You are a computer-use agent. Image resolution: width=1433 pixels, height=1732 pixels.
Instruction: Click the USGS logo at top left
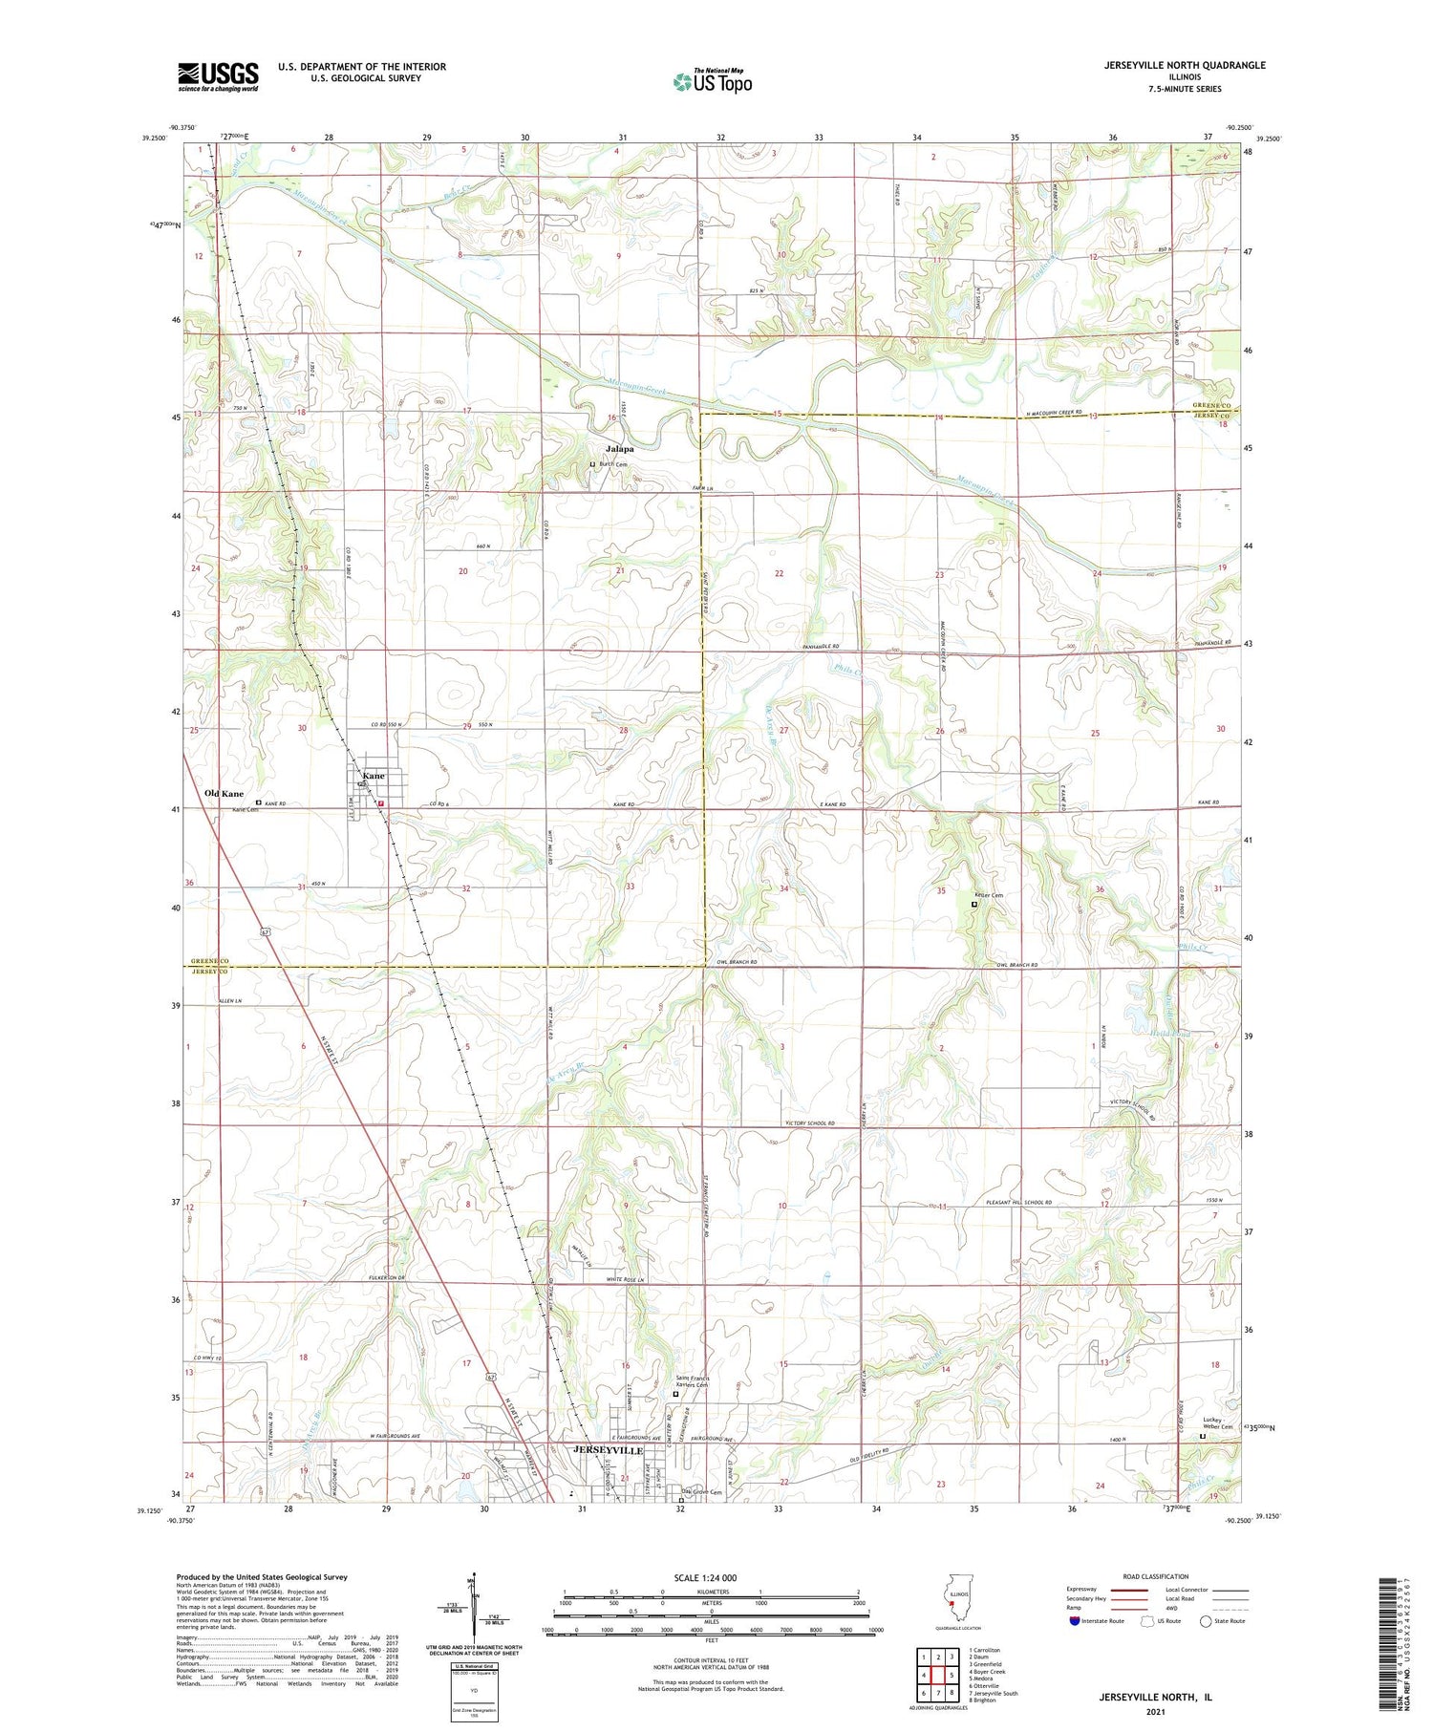pos(218,76)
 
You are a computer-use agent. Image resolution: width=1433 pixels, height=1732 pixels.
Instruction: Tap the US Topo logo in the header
pos(712,82)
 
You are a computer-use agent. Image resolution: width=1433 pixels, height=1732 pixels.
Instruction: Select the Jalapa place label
pos(618,448)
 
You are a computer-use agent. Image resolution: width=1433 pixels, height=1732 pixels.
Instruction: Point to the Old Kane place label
pos(224,794)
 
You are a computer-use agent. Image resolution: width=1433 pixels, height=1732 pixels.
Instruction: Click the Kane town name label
pos(373,776)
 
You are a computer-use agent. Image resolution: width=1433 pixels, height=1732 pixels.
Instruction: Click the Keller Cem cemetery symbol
pos(974,904)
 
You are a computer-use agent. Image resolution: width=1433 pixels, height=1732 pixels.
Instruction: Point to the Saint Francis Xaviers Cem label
pos(692,1381)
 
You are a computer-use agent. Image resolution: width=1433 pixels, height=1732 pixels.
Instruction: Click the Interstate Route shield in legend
pos(1075,1621)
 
